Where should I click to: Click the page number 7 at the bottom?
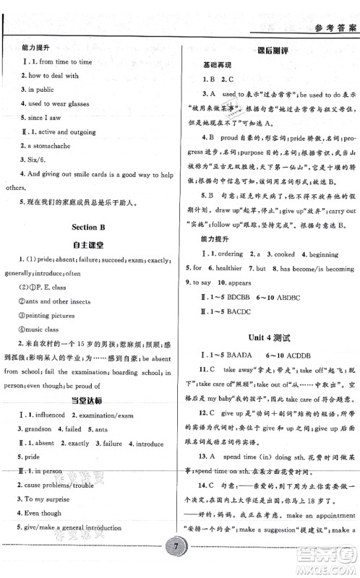(x=180, y=562)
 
